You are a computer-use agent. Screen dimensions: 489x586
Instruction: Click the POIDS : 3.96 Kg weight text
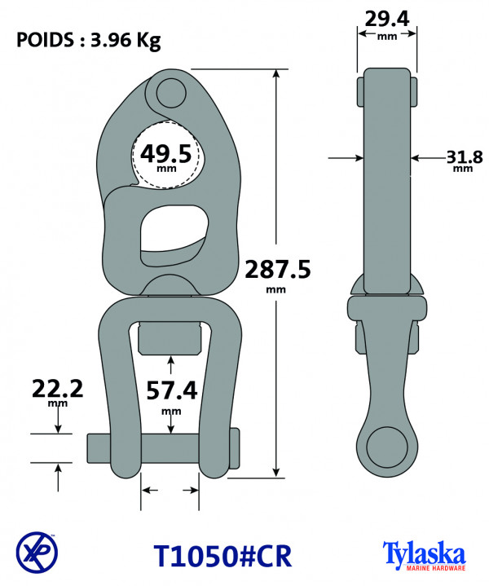click(89, 41)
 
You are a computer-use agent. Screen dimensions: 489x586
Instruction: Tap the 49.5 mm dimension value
click(165, 156)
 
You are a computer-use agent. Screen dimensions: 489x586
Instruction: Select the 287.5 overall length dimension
click(277, 275)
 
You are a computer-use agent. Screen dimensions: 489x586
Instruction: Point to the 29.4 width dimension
click(387, 24)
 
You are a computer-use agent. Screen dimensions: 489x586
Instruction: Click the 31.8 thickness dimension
click(465, 161)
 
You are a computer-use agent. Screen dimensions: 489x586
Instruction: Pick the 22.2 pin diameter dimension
click(57, 392)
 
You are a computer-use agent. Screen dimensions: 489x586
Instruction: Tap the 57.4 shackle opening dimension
click(172, 395)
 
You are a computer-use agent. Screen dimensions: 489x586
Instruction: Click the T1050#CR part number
click(222, 556)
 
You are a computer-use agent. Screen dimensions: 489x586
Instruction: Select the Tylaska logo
click(425, 555)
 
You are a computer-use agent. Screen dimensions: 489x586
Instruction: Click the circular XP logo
click(37, 553)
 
